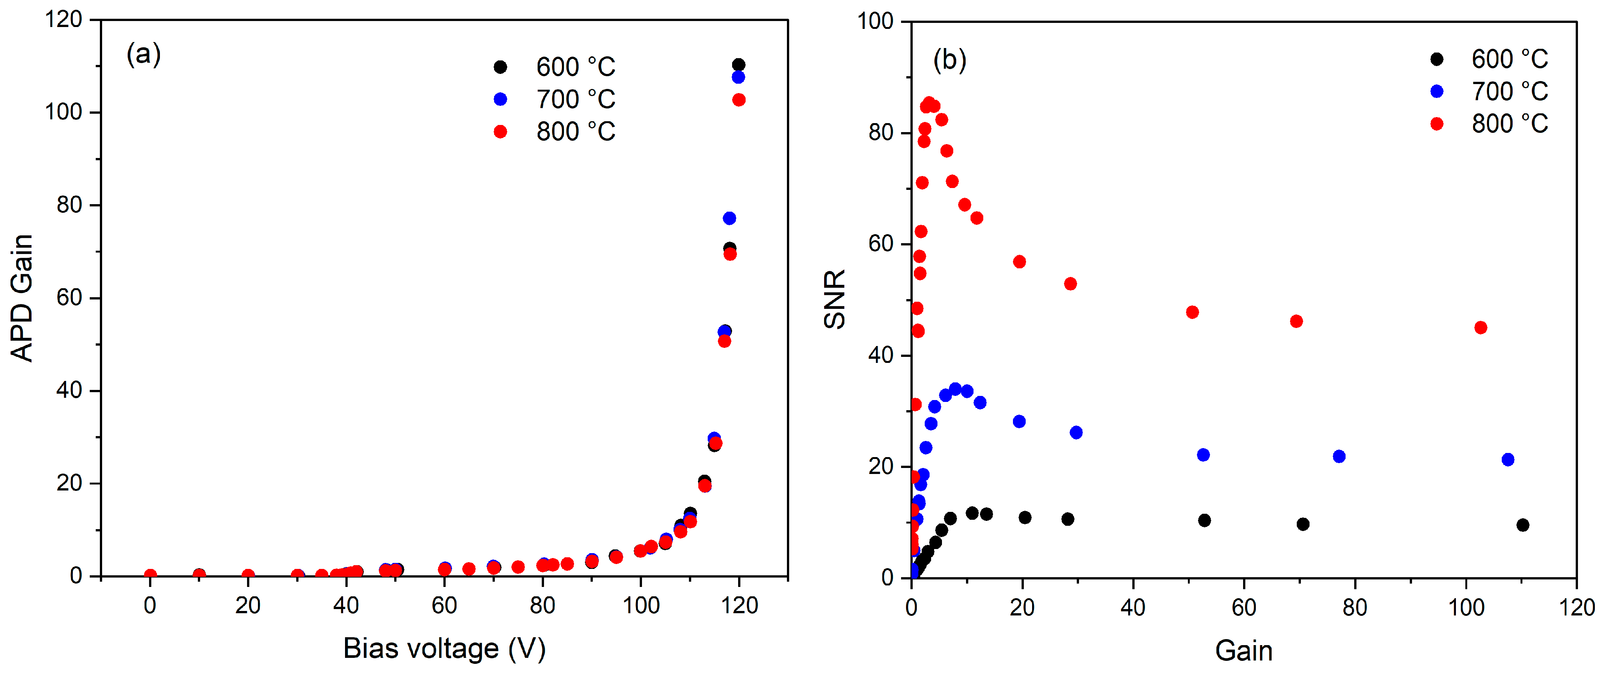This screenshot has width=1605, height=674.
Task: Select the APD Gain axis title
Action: tap(22, 298)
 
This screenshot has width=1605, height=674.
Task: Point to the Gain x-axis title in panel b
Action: tap(1243, 651)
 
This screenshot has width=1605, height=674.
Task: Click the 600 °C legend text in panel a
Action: tap(576, 67)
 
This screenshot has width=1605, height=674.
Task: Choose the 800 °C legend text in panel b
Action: tap(1510, 124)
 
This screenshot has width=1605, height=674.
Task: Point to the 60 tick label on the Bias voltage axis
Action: tap(444, 605)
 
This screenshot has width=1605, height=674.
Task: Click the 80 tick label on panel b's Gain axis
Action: tap(1355, 607)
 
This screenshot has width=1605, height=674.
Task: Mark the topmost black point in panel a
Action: tap(739, 65)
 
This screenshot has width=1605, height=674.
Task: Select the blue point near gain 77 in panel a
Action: tap(729, 218)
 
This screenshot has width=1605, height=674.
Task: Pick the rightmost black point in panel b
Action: tap(1523, 525)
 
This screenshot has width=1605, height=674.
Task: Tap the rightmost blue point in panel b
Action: tap(1508, 460)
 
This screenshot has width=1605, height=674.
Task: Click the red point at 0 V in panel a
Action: tap(150, 575)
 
